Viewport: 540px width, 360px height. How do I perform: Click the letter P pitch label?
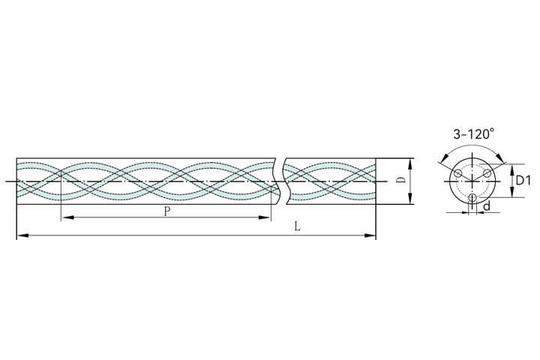167,211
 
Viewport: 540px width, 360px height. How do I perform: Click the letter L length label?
298,226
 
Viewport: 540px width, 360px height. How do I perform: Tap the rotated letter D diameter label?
400,180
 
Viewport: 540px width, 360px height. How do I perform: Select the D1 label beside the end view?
523,180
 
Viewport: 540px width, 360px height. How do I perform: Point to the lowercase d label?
487,206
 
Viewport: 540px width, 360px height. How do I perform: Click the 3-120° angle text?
473,134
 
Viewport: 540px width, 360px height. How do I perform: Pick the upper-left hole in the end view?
457,174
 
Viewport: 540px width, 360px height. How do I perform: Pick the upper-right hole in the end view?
487,173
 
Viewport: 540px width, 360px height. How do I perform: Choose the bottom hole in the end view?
472,198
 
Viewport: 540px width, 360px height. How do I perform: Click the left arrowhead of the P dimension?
67,217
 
